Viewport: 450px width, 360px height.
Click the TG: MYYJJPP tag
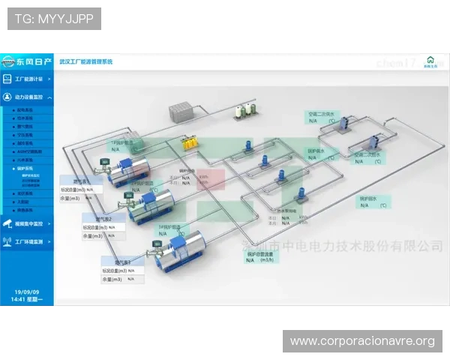53,19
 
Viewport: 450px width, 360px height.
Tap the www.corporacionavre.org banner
362,341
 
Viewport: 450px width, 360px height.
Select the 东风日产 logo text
34,60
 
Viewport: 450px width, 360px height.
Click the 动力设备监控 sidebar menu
30,97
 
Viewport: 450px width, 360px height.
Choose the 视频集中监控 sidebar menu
30,223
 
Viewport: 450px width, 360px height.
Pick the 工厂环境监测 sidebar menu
30,242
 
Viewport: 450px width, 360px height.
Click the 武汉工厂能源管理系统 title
85,61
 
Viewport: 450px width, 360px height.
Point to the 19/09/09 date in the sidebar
27,292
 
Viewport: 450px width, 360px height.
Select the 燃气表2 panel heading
103,218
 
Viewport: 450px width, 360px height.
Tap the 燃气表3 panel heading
122,262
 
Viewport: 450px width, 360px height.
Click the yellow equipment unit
192,141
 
